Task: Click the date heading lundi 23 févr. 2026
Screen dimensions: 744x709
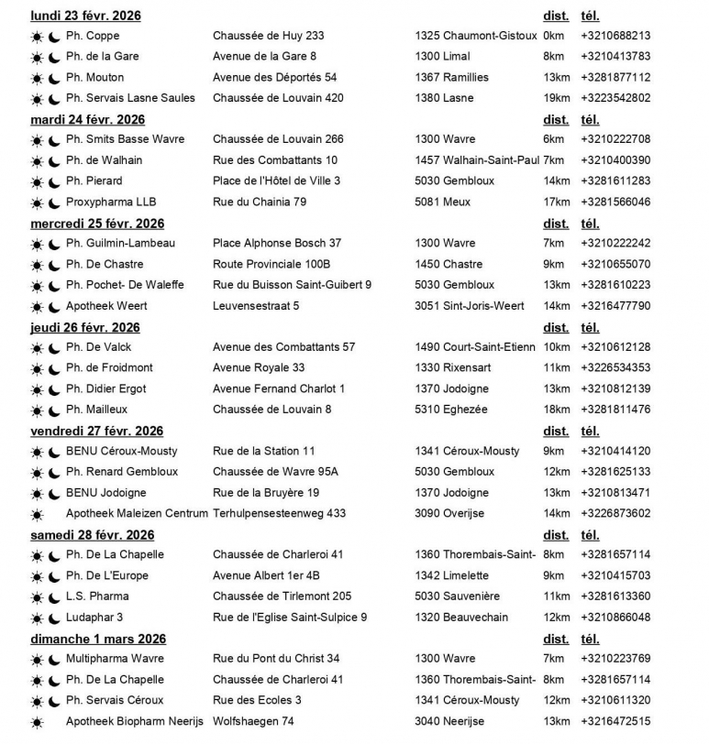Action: pyautogui.click(x=85, y=16)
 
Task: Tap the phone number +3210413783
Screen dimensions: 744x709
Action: pyautogui.click(x=615, y=57)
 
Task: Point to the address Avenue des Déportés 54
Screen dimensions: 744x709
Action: pyautogui.click(x=274, y=77)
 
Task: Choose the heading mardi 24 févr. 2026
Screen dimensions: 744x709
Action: pyautogui.click(x=87, y=119)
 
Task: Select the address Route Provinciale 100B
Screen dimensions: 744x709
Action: pyautogui.click(x=266, y=264)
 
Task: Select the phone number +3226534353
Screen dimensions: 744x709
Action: pyautogui.click(x=615, y=367)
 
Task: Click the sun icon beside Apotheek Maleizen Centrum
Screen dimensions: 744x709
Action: pyautogui.click(x=37, y=514)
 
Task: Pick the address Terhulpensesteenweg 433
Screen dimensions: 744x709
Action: pyautogui.click(x=279, y=513)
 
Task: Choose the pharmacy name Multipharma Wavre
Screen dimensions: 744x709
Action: pyautogui.click(x=115, y=659)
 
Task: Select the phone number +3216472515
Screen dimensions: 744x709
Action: pyautogui.click(x=615, y=721)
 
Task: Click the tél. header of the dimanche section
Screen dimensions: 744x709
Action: pyautogui.click(x=590, y=639)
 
